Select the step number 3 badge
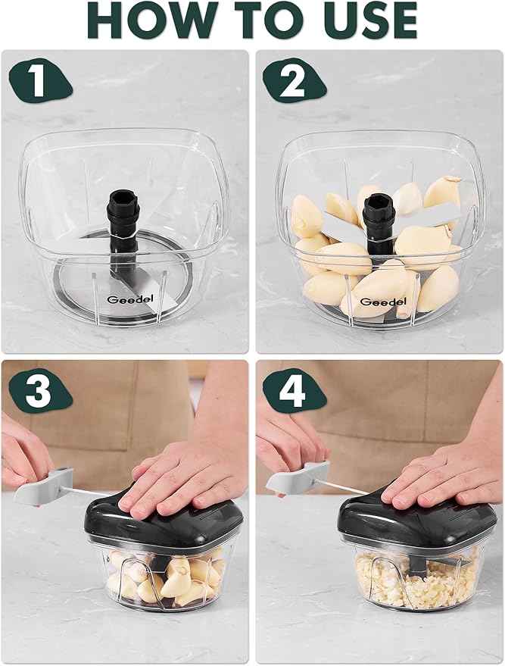tap(38, 393)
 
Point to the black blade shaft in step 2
tap(378, 216)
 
